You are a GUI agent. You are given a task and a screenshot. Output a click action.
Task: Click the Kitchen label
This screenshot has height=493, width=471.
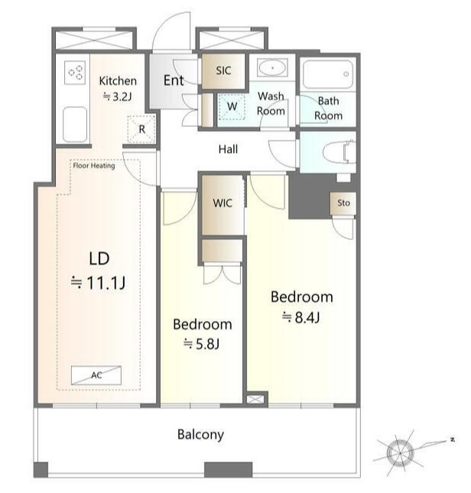tap(118, 81)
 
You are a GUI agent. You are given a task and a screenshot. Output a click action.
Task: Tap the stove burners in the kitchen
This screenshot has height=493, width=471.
tap(75, 73)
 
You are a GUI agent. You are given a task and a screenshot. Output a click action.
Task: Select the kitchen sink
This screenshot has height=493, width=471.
tap(75, 125)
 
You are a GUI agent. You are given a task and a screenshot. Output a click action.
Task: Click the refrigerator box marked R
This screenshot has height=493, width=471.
tap(141, 129)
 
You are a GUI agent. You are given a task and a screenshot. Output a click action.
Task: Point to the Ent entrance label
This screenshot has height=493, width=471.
tap(174, 80)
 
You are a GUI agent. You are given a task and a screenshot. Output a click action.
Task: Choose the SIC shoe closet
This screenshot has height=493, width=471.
tap(223, 71)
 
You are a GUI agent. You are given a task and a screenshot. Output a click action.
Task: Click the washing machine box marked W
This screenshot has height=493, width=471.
tap(232, 106)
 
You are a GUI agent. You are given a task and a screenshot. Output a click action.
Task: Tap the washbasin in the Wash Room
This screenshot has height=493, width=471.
tap(272, 67)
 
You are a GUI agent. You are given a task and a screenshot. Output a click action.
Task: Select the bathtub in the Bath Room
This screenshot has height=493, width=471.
tap(327, 74)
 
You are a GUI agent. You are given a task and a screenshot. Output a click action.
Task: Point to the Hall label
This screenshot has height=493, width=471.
tap(228, 149)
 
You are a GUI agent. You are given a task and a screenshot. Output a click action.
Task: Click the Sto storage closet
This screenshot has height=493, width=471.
tap(343, 203)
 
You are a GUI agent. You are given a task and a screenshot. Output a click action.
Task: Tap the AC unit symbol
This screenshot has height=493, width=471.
tap(96, 375)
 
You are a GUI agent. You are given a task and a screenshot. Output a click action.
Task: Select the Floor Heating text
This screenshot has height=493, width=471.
tap(94, 166)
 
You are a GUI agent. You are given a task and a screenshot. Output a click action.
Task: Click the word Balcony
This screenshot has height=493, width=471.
tap(200, 435)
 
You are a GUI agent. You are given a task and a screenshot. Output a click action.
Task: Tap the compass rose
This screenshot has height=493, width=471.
tap(400, 452)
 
